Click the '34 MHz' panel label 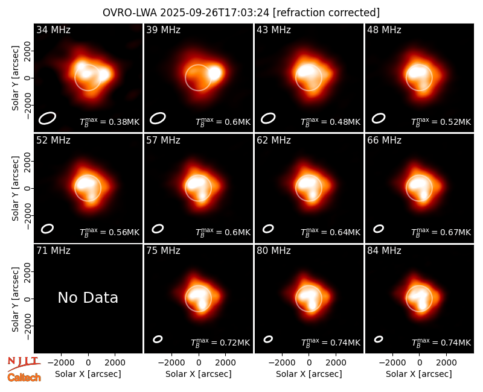point(53,30)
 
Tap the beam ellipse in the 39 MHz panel point(158,118)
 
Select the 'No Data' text point(88,297)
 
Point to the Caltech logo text point(24,378)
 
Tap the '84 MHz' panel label point(384,251)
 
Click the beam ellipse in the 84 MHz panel point(379,339)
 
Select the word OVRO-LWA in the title point(130,13)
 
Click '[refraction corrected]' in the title point(326,13)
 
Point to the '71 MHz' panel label point(53,251)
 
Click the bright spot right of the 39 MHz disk point(215,73)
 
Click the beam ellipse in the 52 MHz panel point(48,229)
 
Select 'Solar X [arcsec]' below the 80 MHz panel point(309,374)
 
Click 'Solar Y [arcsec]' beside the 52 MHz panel point(15,188)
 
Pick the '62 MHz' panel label point(274,141)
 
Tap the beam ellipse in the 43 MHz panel point(268,118)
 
